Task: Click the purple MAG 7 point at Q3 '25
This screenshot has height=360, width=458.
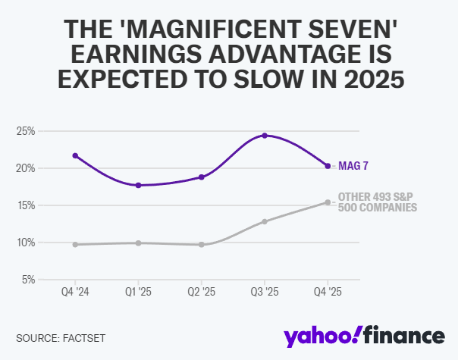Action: (x=265, y=136)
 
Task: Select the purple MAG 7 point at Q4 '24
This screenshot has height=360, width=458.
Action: (x=75, y=155)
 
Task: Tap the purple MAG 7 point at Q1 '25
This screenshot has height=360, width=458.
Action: (x=138, y=185)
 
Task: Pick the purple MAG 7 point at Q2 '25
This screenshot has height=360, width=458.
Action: (x=202, y=177)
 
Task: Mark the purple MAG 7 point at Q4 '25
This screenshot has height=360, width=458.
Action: (x=328, y=166)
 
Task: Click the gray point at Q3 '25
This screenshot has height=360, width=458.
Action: (x=265, y=221)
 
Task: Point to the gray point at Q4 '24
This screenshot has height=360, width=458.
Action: (x=75, y=245)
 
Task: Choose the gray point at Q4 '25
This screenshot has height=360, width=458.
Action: (x=328, y=202)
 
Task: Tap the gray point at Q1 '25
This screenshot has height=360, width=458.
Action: (x=138, y=243)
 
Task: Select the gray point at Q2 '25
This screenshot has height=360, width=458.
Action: (x=202, y=245)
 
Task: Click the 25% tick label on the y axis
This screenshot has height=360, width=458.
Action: (x=26, y=131)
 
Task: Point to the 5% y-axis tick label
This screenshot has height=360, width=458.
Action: (x=28, y=280)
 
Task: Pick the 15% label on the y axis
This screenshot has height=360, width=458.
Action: (x=26, y=205)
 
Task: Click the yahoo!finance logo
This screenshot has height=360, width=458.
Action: (x=363, y=334)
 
